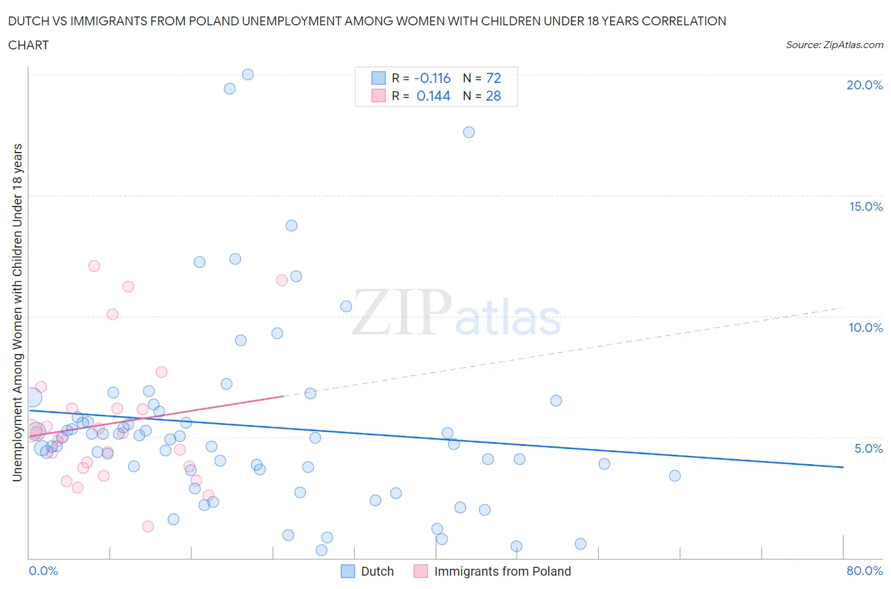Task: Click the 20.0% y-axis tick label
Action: (x=864, y=85)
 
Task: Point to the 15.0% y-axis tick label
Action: (x=866, y=206)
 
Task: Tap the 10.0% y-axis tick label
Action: (x=866, y=327)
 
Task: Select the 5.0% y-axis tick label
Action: (x=868, y=448)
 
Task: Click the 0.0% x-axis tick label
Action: (x=43, y=571)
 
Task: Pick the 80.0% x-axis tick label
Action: (x=864, y=571)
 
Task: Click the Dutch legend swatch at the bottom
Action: (x=348, y=571)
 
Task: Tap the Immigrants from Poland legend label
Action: (x=503, y=571)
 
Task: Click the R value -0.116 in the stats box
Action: (x=432, y=78)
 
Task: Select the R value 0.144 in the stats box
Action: (x=433, y=96)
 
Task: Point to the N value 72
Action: (x=494, y=78)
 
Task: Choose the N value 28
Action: (x=494, y=96)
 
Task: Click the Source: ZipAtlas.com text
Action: (x=835, y=45)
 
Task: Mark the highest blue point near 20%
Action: (x=248, y=74)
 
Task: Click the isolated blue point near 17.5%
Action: (x=469, y=132)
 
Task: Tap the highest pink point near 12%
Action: (x=94, y=266)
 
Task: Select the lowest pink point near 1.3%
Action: (x=148, y=526)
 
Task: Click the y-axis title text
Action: (x=18, y=312)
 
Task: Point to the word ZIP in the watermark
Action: (x=401, y=312)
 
